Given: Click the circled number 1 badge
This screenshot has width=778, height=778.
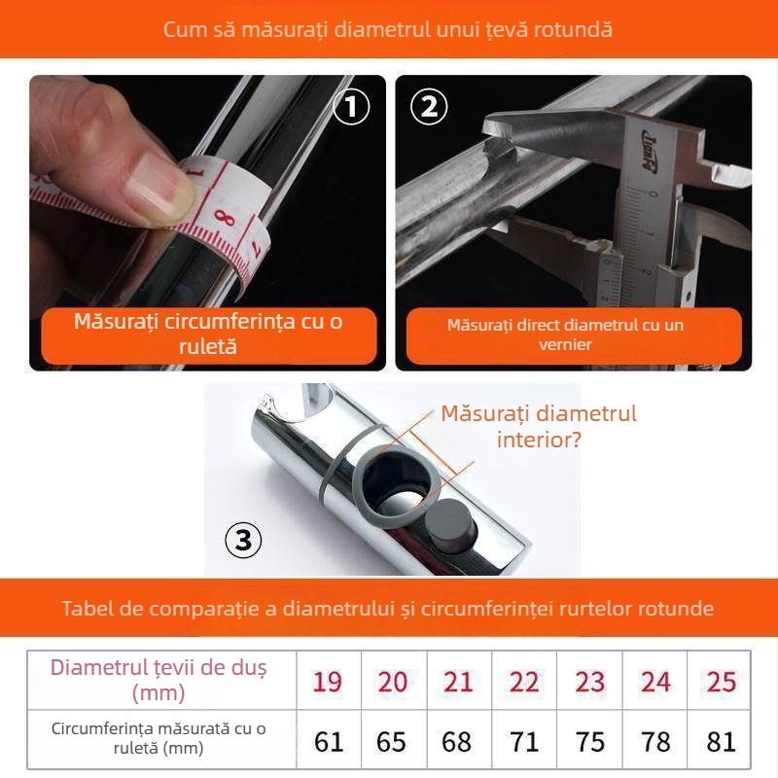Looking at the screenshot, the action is click(x=351, y=106).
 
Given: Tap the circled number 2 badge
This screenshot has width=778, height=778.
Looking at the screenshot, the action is click(x=429, y=106).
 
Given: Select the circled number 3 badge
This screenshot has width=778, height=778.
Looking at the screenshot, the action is click(x=243, y=540).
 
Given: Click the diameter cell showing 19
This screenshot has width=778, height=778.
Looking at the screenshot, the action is click(x=329, y=682).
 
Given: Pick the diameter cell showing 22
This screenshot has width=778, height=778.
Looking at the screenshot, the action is click(x=524, y=682).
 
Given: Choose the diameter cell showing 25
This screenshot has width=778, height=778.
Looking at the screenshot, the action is click(x=720, y=682).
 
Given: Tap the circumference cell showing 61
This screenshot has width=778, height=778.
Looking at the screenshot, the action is click(x=329, y=740).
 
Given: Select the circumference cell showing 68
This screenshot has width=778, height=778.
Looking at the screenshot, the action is click(x=459, y=740).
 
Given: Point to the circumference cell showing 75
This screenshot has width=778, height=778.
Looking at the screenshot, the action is click(x=589, y=740).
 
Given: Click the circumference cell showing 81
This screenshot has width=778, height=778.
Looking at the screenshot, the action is click(x=720, y=740).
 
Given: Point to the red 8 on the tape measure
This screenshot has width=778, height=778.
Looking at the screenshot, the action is click(x=225, y=217).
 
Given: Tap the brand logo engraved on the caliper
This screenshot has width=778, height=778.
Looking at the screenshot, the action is click(x=649, y=153).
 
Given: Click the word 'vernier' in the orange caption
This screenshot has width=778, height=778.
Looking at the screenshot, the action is click(x=565, y=344).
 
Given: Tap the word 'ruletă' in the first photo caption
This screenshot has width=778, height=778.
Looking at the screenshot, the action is click(x=208, y=346).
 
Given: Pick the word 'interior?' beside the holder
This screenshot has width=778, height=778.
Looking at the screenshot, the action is click(x=539, y=440).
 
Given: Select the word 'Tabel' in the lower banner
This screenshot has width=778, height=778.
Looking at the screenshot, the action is click(x=88, y=608).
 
